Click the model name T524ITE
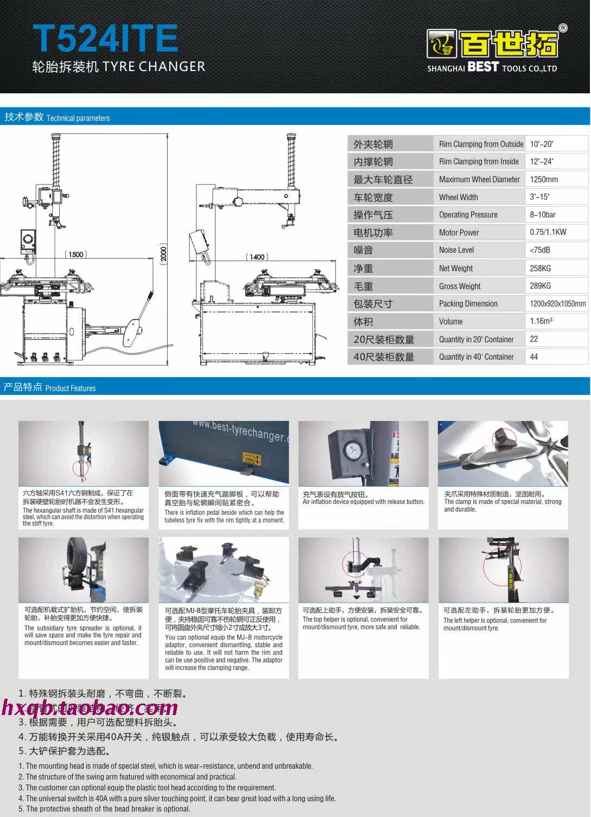point(105,38)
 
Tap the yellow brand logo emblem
point(441,44)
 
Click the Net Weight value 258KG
point(540,268)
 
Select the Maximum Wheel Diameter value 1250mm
point(544,179)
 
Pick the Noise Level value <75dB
point(540,250)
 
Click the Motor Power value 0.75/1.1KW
point(548,232)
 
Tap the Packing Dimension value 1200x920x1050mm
point(557,304)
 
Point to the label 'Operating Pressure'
point(468,215)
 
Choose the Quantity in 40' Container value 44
point(534,356)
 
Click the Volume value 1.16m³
point(541,321)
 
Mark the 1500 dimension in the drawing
point(75,254)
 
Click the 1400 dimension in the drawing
point(257,257)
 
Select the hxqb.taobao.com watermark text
point(90,707)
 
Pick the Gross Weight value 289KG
point(540,286)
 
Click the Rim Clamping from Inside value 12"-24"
point(542,161)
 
